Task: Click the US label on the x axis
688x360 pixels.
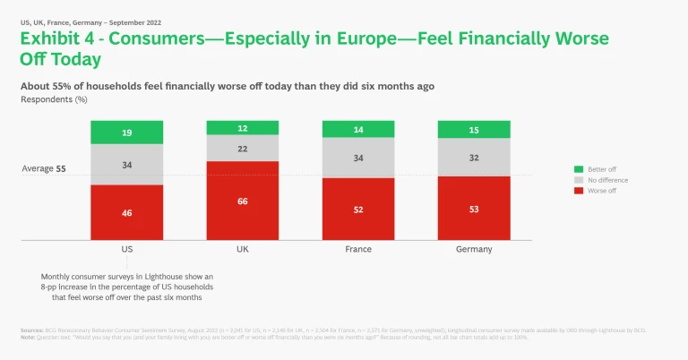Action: click(126, 249)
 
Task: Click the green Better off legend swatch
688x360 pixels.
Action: click(579, 169)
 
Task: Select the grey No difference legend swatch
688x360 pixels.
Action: click(579, 180)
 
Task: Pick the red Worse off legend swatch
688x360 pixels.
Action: click(579, 191)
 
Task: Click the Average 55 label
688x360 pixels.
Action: click(44, 168)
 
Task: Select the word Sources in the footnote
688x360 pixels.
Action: click(31, 330)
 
